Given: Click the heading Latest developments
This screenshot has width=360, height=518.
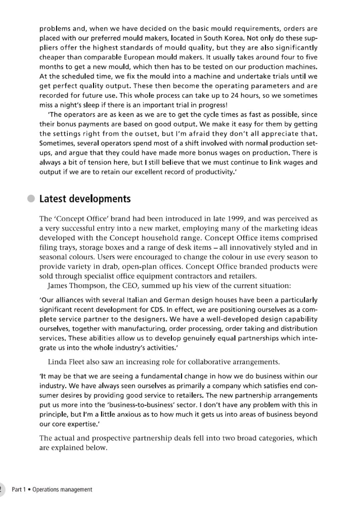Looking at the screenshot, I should tap(92, 199).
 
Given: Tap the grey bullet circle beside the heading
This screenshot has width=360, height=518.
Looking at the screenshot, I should tap(32, 199).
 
